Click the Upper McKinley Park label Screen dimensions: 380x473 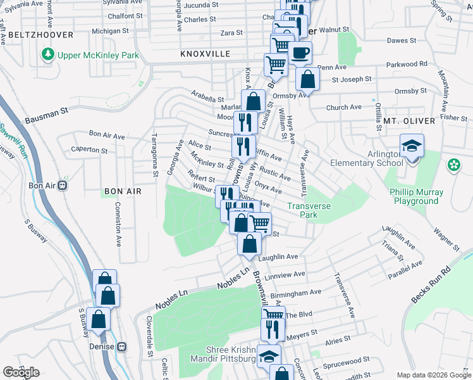[98, 55]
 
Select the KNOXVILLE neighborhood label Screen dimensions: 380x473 [205, 54]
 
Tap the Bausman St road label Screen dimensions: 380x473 [47, 116]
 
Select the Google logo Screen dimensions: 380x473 [21, 372]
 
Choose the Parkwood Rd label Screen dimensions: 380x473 [407, 64]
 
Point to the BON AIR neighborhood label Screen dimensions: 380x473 [123, 191]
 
